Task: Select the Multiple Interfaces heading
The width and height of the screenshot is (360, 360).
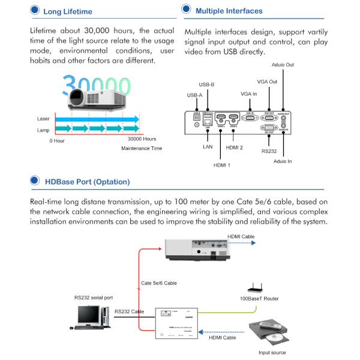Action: [x=229, y=11]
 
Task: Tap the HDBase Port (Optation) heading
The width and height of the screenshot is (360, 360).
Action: [x=87, y=181]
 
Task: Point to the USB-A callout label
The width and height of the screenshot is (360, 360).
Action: [x=195, y=95]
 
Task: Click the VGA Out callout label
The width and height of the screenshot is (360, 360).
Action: [x=267, y=82]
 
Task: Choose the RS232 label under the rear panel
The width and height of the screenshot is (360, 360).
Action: [x=268, y=152]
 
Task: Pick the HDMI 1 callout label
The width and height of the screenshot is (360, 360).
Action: [x=221, y=164]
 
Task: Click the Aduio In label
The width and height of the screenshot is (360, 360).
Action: [x=283, y=161]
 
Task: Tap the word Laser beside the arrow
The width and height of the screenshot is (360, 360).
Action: [x=43, y=119]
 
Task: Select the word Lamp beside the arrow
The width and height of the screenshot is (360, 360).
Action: [x=43, y=129]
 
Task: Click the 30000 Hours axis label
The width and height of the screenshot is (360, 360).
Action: [x=142, y=139]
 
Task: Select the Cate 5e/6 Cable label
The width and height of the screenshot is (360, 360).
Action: [x=159, y=283]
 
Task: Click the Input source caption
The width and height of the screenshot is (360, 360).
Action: [x=272, y=353]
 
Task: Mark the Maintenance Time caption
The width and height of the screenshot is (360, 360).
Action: [x=142, y=148]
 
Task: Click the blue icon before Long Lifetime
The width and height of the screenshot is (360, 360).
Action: [x=34, y=11]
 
